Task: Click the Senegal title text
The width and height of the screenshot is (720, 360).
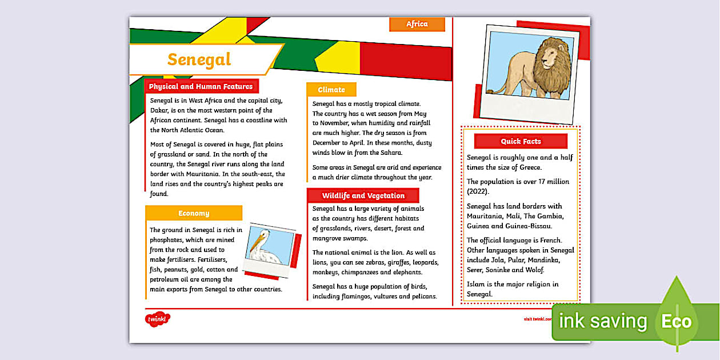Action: coord(199,59)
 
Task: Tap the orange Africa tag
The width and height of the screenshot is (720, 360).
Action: coord(417,24)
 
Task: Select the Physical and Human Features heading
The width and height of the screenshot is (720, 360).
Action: coord(201,87)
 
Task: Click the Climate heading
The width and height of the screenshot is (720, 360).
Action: coord(331,90)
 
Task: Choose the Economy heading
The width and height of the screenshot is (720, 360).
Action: coord(194,213)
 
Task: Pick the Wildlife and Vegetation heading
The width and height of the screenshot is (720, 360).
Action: coord(363,195)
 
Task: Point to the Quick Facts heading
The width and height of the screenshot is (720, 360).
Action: coord(521,141)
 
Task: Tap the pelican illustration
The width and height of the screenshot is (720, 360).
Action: coord(266,247)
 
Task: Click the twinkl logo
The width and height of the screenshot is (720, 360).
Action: coord(158,319)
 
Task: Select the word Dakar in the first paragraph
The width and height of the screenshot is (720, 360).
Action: coord(161,110)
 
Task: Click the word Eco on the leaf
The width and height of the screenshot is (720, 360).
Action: coord(677,321)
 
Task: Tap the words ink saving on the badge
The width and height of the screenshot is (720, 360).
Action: coord(603,321)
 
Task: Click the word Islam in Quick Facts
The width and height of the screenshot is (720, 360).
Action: coord(476,284)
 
